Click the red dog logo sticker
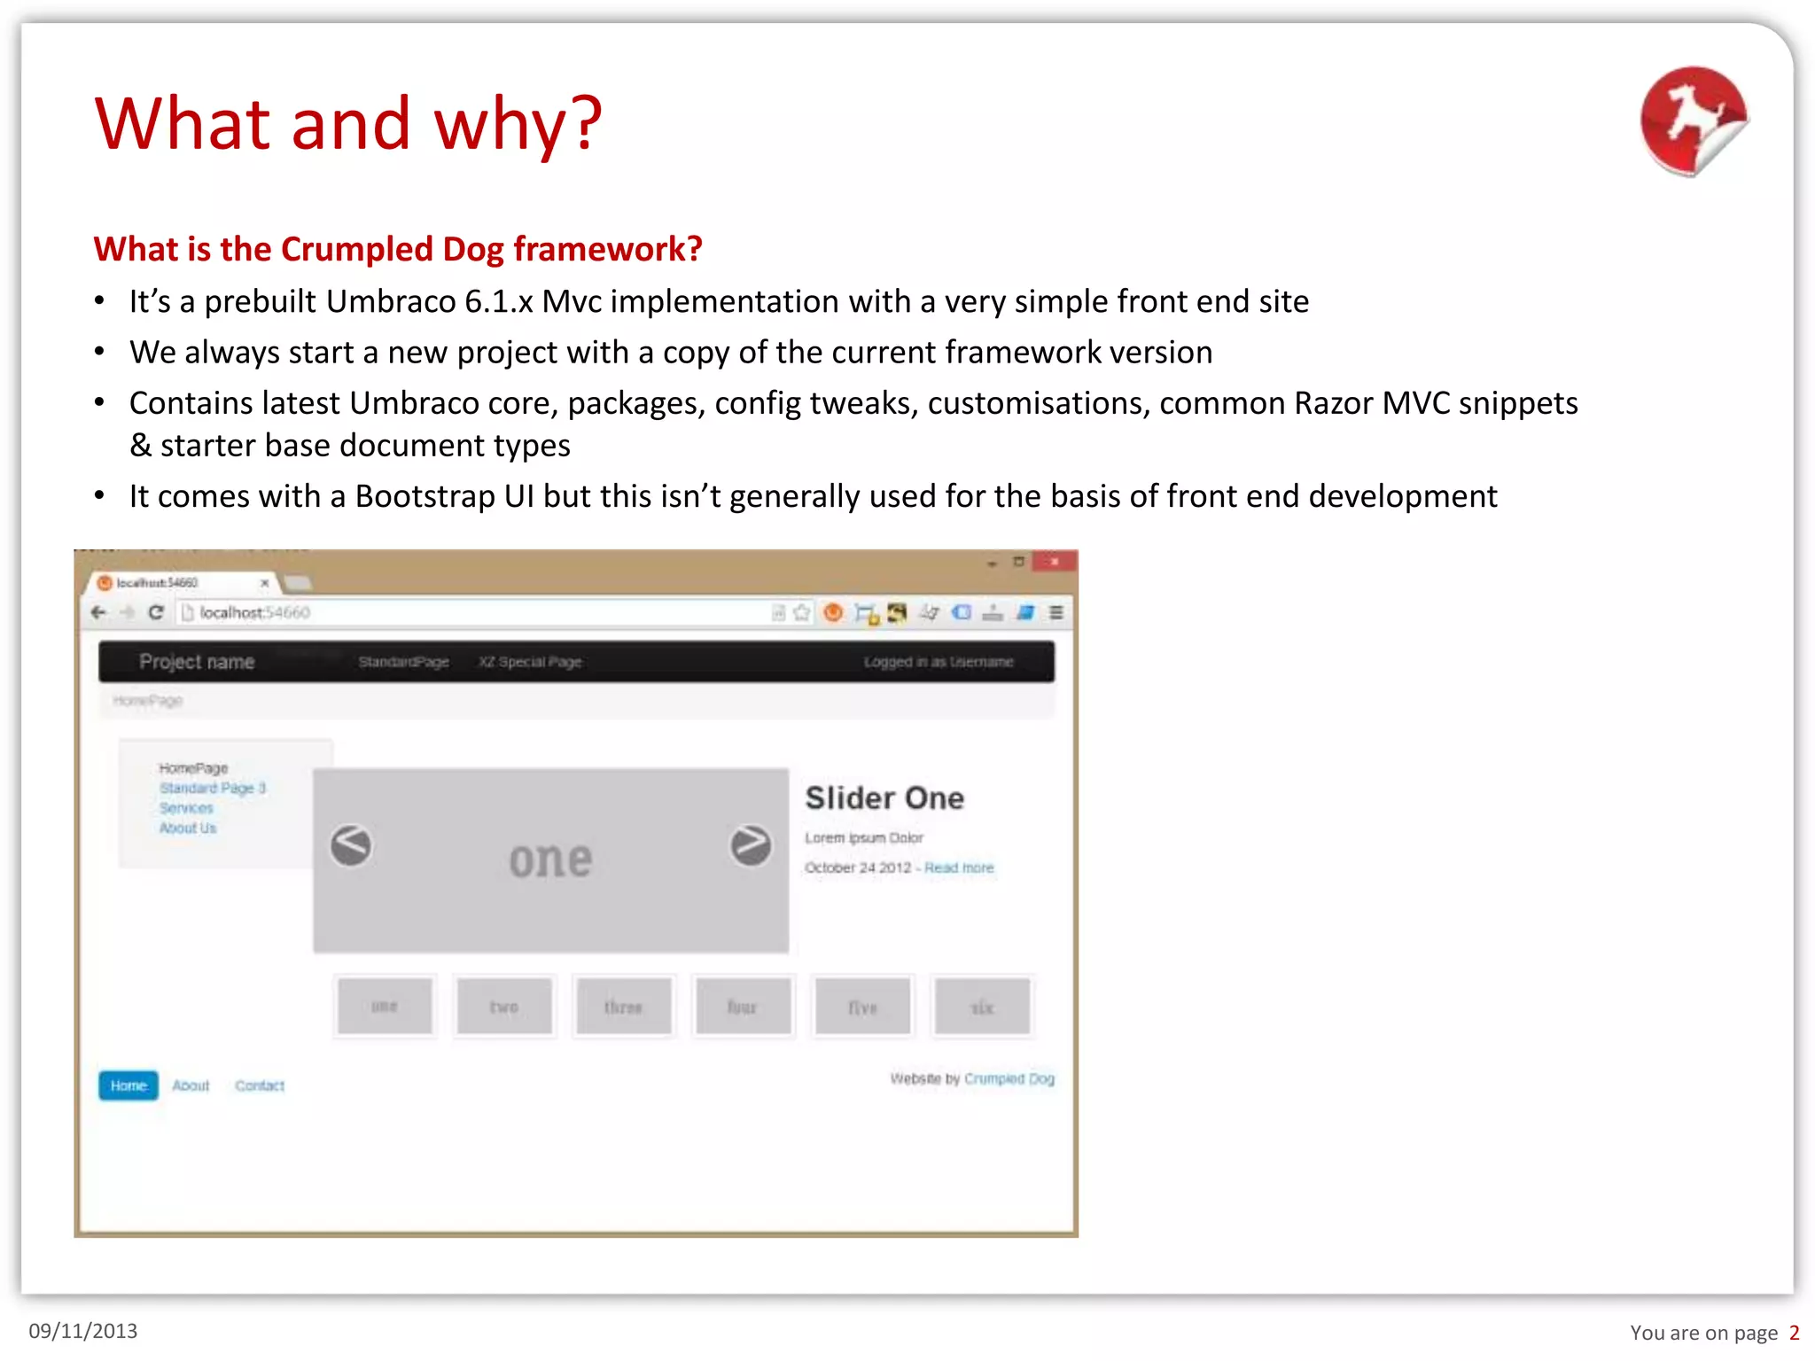pos(1692,121)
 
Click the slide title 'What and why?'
pos(348,123)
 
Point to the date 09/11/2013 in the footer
pos(83,1331)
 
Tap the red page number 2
pos(1794,1333)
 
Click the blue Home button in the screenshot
pos(129,1085)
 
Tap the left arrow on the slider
pos(352,845)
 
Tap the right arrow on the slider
pos(751,845)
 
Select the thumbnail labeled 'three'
pos(624,1007)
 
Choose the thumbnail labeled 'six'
pos(983,1007)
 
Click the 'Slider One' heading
pos(884,798)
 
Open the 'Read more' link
pos(959,868)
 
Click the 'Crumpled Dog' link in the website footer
pos(1009,1079)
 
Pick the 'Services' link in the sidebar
pos(186,808)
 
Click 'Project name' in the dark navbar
pos(197,662)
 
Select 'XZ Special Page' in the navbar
pos(530,662)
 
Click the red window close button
pos(1055,562)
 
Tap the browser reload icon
pos(156,612)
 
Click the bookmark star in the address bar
pos(802,612)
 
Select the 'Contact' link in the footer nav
pos(260,1085)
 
